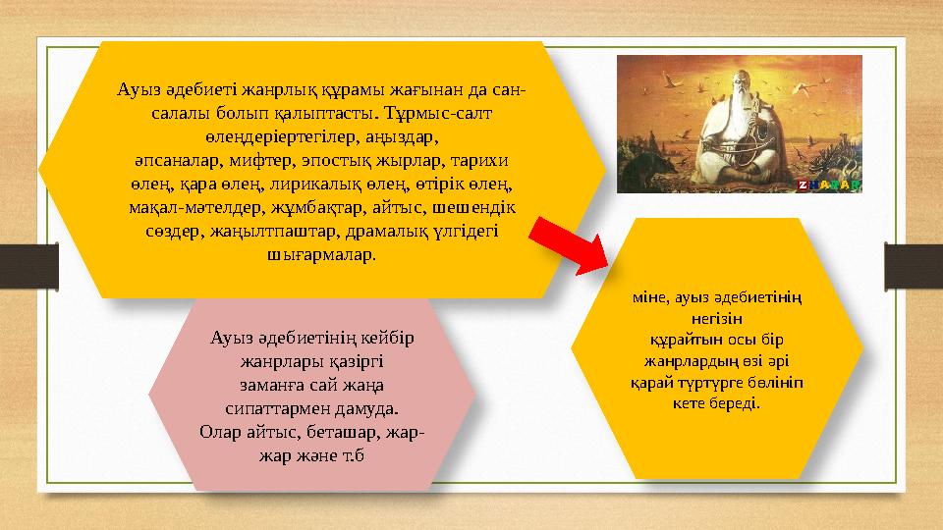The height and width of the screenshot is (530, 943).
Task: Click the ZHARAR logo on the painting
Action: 829,185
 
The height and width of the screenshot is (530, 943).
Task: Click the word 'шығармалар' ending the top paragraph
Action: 321,253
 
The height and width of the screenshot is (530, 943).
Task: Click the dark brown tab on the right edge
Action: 914,262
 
